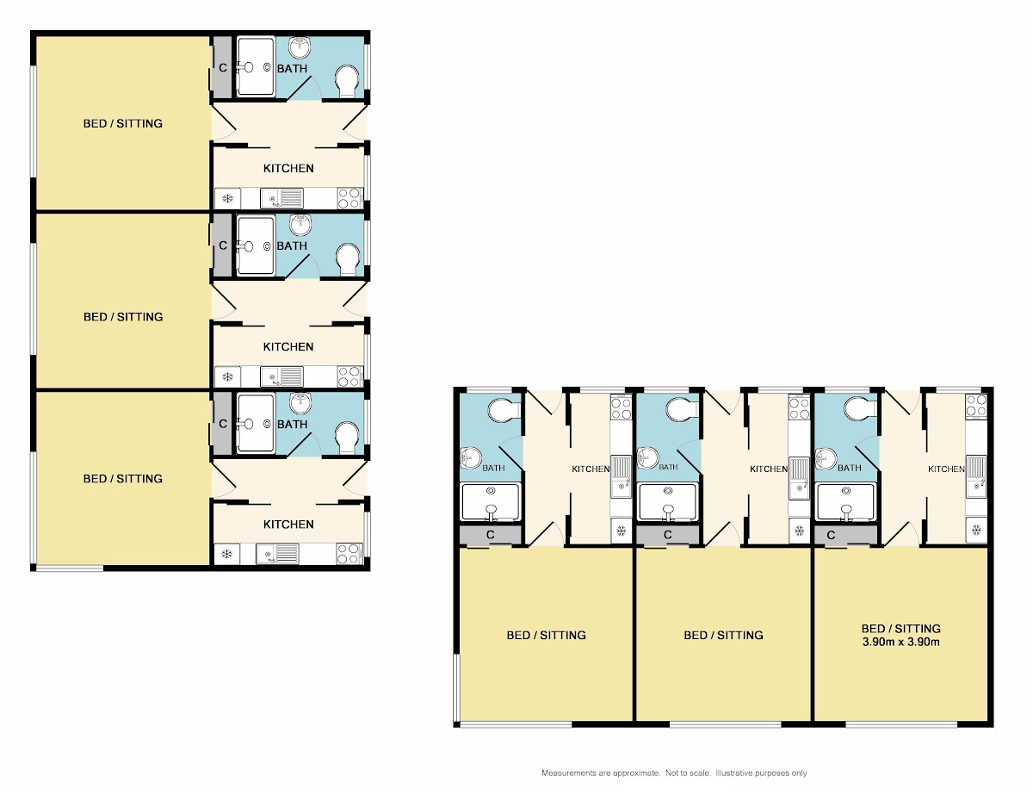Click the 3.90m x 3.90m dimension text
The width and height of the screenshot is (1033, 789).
(x=900, y=642)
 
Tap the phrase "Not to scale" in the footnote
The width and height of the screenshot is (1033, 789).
(x=687, y=773)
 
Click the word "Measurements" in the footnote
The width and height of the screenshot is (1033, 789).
(x=568, y=773)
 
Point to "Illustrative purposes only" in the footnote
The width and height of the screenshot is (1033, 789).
(x=761, y=773)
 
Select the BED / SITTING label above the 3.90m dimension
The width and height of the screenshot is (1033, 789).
(x=900, y=629)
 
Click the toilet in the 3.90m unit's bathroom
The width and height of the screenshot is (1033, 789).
(x=861, y=408)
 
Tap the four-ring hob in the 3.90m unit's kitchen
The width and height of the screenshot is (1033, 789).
(x=976, y=407)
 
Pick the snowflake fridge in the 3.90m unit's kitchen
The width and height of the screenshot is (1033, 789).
(x=976, y=530)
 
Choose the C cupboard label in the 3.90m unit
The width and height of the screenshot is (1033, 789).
(x=831, y=535)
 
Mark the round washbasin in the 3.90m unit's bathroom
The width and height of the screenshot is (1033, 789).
(x=826, y=457)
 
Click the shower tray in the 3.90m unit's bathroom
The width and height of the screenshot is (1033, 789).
(x=847, y=502)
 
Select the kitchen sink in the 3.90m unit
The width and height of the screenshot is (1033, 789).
(x=976, y=476)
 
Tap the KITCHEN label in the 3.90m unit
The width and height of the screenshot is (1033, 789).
(x=946, y=469)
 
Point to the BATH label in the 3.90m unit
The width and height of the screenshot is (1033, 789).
(x=850, y=468)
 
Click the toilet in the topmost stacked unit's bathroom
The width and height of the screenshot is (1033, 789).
(x=347, y=82)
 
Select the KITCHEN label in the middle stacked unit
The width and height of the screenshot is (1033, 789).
(x=288, y=347)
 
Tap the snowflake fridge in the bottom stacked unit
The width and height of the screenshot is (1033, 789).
(x=227, y=554)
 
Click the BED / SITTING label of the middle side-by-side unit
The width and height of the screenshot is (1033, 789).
(x=723, y=635)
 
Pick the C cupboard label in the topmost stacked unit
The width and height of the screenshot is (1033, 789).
(x=223, y=68)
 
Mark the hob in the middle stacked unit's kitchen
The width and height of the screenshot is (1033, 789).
(x=350, y=376)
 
